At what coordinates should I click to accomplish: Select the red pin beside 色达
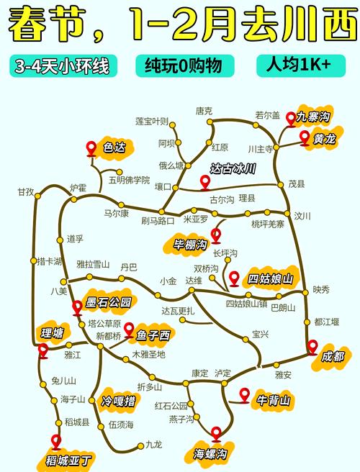(91, 148)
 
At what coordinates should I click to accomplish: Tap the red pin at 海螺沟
(217, 433)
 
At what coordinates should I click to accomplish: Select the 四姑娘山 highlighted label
(271, 278)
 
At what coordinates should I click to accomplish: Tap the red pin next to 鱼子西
(129, 330)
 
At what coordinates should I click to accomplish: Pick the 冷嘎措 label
(118, 400)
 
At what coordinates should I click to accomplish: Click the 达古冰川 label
(233, 171)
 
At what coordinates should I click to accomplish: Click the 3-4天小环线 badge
(60, 68)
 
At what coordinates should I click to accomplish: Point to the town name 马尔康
(116, 214)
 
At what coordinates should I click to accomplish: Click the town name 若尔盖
(267, 114)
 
